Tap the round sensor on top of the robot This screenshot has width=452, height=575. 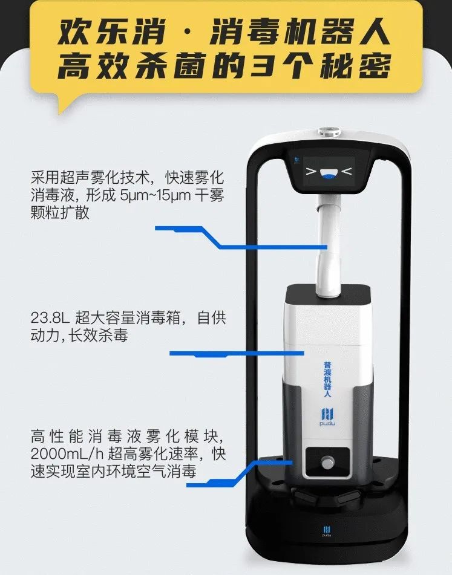pyautogui.click(x=329, y=131)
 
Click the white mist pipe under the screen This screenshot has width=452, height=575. pyautogui.click(x=328, y=245)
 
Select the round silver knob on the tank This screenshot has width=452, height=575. pyautogui.click(x=327, y=463)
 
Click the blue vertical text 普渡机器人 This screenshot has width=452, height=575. pyautogui.click(x=327, y=379)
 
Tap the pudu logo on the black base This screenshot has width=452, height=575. pyautogui.click(x=327, y=531)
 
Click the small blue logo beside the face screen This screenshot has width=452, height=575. pyautogui.click(x=297, y=161)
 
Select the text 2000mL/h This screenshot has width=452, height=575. pyautogui.click(x=67, y=454)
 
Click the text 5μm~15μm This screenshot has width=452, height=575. pyautogui.click(x=156, y=195)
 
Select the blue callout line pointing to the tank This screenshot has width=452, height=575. pyautogui.click(x=237, y=354)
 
